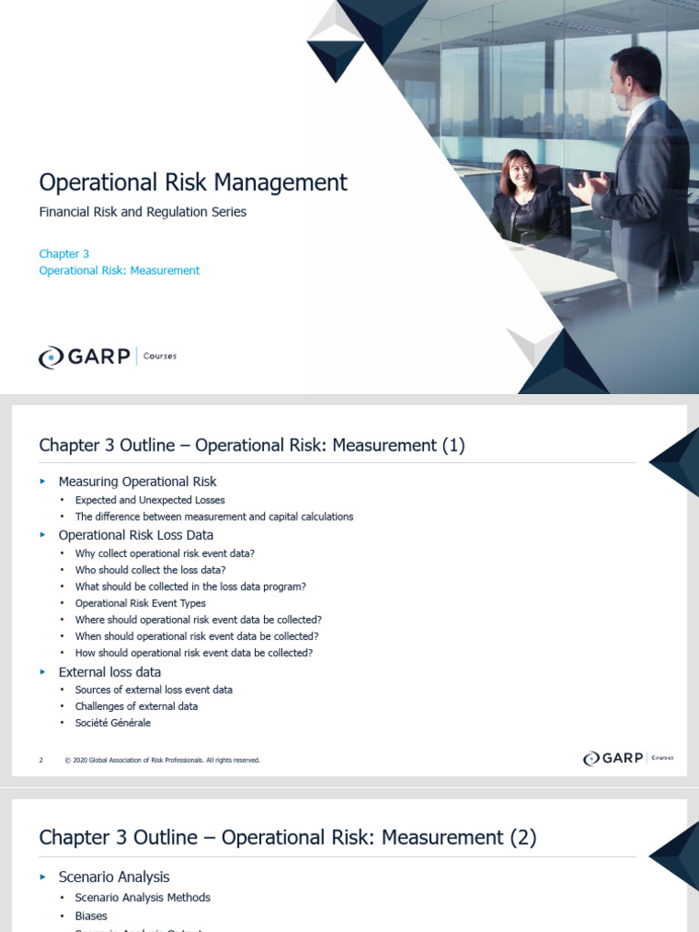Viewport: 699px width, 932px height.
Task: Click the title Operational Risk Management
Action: (x=193, y=182)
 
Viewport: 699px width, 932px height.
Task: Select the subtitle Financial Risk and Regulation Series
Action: (x=143, y=212)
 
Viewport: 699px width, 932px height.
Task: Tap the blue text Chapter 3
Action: (x=64, y=254)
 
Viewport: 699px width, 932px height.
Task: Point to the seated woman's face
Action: (x=518, y=170)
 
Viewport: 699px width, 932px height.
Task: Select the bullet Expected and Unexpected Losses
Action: (x=150, y=500)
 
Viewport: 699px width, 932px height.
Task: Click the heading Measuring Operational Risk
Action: (x=137, y=481)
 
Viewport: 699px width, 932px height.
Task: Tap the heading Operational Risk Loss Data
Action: (x=136, y=535)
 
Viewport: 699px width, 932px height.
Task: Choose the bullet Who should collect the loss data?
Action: (x=150, y=570)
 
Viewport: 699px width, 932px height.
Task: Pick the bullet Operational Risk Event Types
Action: (x=140, y=603)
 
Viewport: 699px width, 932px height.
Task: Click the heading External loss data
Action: (x=109, y=672)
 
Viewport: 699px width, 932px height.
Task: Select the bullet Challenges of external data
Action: (x=137, y=706)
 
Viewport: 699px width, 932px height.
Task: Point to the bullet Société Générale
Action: (x=113, y=723)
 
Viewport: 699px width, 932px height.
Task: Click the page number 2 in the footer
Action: (x=41, y=760)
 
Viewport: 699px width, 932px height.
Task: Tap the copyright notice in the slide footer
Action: (x=163, y=760)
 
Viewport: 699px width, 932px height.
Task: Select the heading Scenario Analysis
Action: (x=114, y=877)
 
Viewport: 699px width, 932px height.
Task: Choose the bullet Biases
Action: (x=91, y=916)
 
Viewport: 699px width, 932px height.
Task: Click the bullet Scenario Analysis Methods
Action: (x=143, y=897)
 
